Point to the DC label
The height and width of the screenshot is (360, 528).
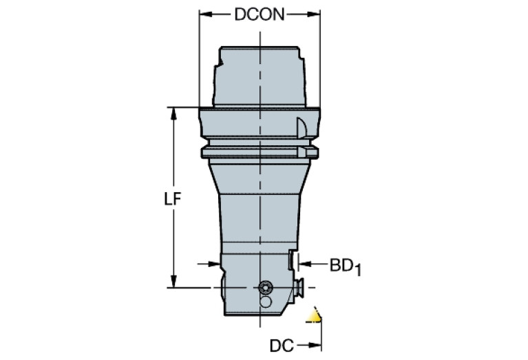point(280,343)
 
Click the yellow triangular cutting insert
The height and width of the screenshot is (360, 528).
point(315,316)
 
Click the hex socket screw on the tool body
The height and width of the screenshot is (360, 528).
point(264,287)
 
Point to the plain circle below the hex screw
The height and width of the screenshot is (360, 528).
point(264,301)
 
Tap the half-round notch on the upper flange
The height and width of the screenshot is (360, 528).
point(301,127)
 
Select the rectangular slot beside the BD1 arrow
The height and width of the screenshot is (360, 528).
point(291,261)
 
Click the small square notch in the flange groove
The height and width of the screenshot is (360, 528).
point(301,150)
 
